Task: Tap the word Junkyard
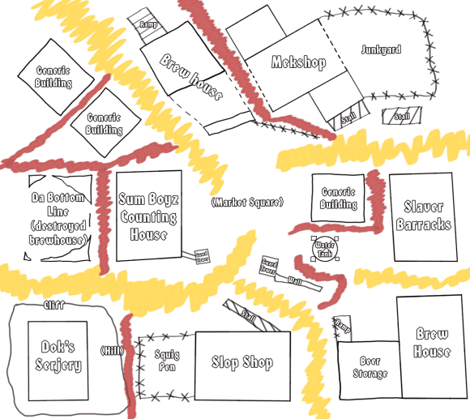tap(381, 49)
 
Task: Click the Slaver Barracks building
tap(423, 216)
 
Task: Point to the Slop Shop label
tap(241, 362)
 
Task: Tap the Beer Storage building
tap(370, 369)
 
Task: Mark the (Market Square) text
tap(246, 201)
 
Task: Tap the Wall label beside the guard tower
tap(297, 280)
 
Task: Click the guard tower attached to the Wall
tap(270, 265)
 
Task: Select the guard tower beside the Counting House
tap(201, 256)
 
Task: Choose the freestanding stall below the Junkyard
tap(401, 116)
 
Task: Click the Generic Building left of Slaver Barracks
tap(338, 199)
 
